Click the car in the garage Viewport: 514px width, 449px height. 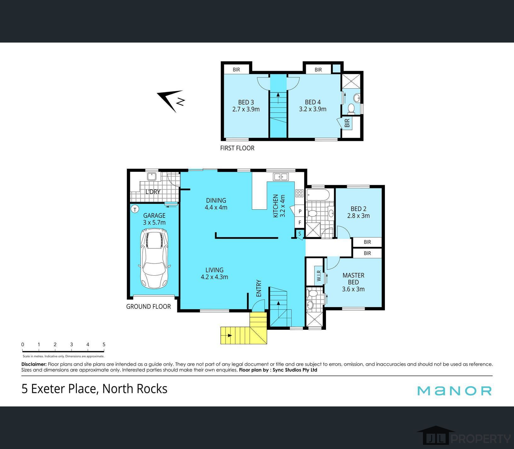point(154,259)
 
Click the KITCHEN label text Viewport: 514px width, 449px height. point(275,206)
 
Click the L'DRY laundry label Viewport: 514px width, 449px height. point(153,191)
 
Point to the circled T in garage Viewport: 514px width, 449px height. point(135,209)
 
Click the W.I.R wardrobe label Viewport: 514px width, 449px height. point(319,276)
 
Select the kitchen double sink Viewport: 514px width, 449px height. point(280,177)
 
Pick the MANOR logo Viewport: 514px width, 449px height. point(454,391)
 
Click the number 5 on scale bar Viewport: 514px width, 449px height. point(104,344)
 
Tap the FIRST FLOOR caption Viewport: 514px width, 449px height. point(237,148)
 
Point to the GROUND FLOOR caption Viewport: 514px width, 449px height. point(148,306)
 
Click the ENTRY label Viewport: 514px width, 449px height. point(259,288)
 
